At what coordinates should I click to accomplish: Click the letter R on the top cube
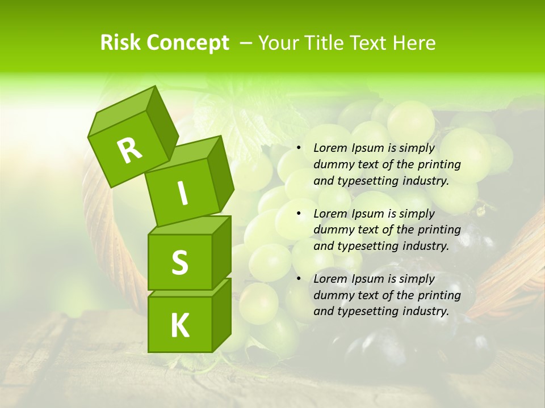click(x=129, y=150)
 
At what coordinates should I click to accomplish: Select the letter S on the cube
click(x=179, y=262)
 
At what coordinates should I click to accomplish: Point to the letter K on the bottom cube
click(x=179, y=326)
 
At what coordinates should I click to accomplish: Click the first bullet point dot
click(x=298, y=148)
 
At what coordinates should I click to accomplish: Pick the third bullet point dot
click(x=298, y=279)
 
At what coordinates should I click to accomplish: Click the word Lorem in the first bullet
click(x=330, y=148)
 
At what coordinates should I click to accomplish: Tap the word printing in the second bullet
click(x=440, y=230)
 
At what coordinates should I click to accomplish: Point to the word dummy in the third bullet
click(x=333, y=295)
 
